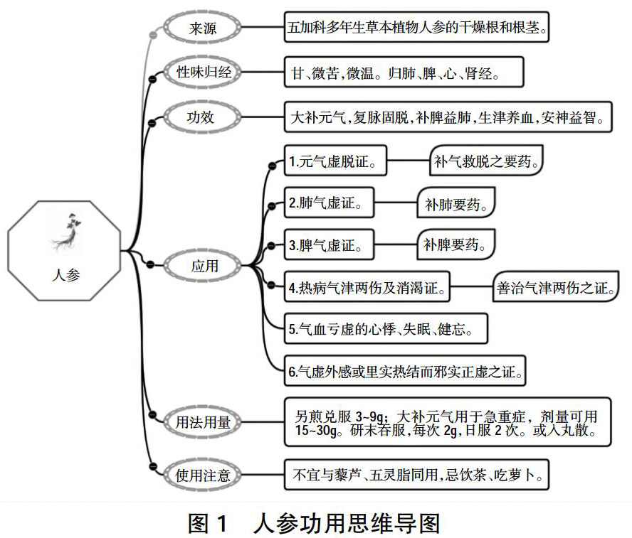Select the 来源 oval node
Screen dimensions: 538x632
click(x=204, y=29)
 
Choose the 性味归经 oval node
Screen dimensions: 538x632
click(x=204, y=72)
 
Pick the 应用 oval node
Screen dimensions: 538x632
click(x=204, y=267)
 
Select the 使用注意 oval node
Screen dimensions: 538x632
click(x=204, y=475)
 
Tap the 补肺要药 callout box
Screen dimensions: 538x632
click(x=455, y=203)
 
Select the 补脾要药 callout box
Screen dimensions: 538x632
click(x=455, y=245)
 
